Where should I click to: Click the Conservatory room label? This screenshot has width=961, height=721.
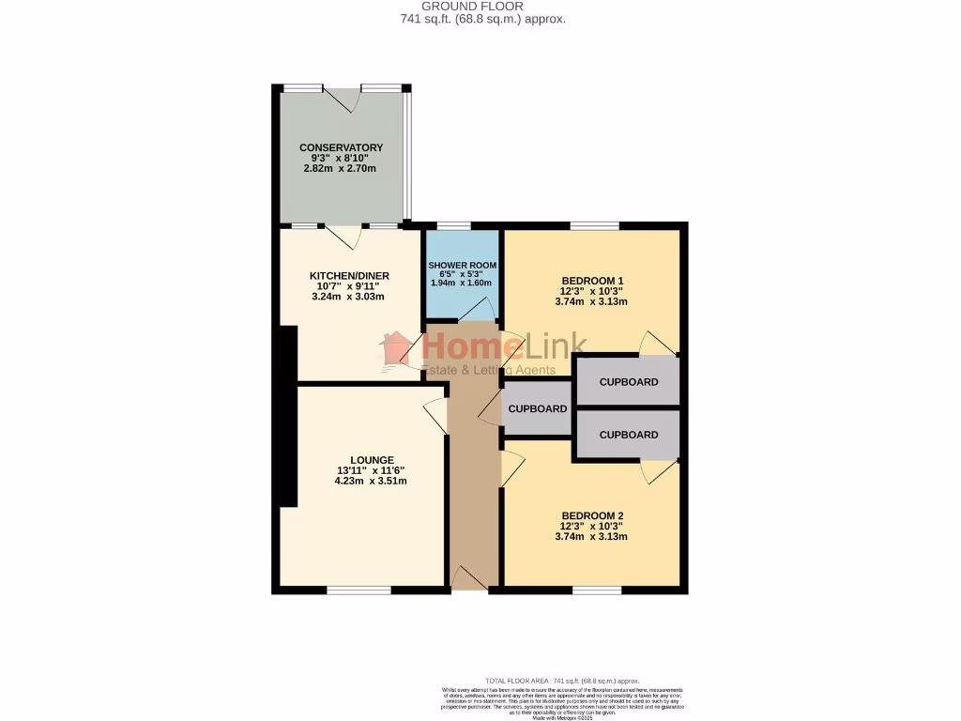click(342, 147)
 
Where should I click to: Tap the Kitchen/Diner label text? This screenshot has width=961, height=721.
click(349, 275)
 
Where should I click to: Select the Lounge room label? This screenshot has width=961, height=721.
click(372, 460)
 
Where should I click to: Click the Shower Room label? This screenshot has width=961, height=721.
click(461, 267)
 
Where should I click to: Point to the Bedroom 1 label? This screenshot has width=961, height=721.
click(592, 281)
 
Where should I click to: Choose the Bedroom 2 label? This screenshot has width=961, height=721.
click(592, 515)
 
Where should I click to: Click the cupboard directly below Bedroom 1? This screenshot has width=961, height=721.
click(628, 382)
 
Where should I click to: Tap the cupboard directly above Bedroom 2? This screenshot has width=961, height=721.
click(628, 435)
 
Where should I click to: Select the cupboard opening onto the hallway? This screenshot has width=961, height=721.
click(537, 408)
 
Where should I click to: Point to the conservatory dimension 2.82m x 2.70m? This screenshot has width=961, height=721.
click(340, 169)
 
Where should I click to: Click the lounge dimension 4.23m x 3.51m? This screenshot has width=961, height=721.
click(371, 481)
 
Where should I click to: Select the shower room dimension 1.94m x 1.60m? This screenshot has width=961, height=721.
click(461, 283)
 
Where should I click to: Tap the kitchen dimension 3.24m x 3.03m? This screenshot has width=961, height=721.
click(348, 297)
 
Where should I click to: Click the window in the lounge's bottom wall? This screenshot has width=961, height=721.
click(359, 590)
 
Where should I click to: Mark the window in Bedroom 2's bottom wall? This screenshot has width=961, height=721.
click(597, 590)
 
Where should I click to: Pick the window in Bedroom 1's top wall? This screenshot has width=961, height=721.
click(593, 225)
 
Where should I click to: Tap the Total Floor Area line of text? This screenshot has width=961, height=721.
click(562, 680)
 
